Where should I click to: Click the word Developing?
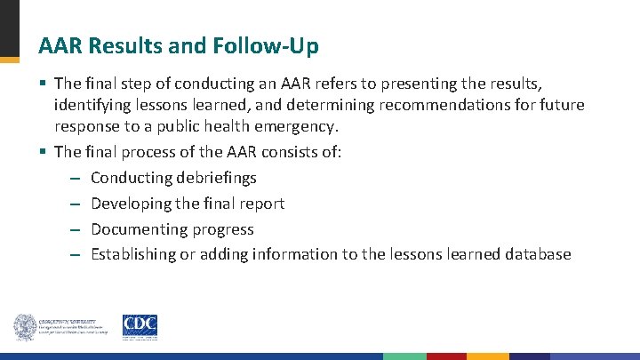(132, 204)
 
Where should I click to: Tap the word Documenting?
(138, 229)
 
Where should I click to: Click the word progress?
(221, 229)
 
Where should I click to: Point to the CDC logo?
(139, 326)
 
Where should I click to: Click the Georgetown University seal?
(24, 327)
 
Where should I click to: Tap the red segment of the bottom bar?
(445, 356)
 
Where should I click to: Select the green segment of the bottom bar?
(404, 356)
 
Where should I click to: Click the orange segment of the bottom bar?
(488, 356)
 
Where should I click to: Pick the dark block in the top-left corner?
(9, 27)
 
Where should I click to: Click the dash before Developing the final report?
(76, 204)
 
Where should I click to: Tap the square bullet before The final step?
(43, 84)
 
